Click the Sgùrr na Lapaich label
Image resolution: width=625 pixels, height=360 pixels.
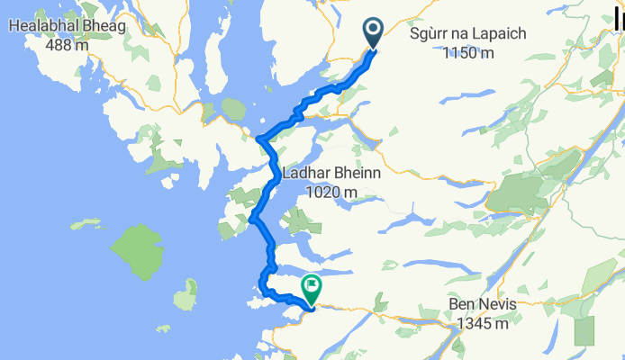[x=467, y=35]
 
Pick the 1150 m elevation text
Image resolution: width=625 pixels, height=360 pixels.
[x=468, y=52]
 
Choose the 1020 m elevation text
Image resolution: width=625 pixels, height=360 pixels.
[x=331, y=191]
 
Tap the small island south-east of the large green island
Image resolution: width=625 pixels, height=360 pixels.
[x=186, y=294]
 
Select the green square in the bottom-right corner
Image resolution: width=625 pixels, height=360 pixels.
[x=584, y=330]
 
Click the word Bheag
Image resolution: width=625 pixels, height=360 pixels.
[x=107, y=27]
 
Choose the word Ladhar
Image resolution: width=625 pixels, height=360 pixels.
[x=308, y=174]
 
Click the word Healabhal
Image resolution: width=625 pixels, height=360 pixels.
[x=44, y=27]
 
